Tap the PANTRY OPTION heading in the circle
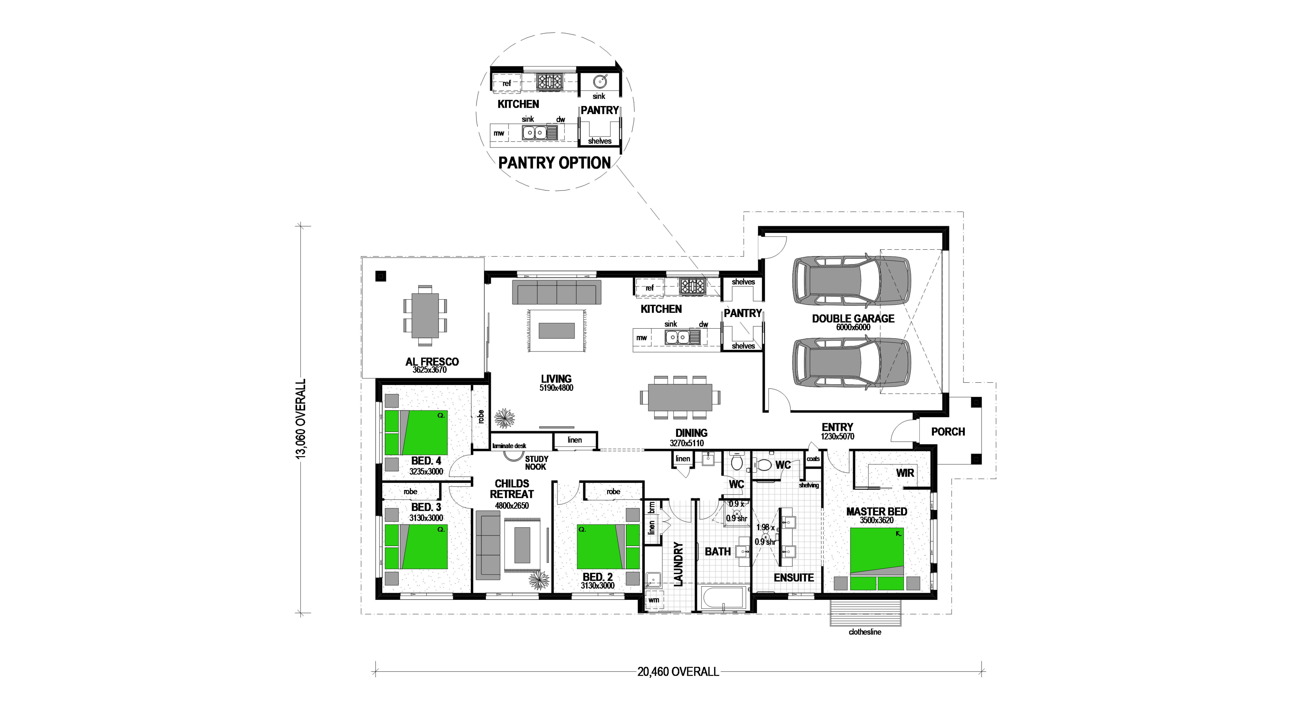coord(554,163)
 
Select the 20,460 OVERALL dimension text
coord(678,671)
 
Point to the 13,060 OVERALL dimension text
coord(301,419)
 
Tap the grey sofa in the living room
coord(556,292)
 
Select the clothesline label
coord(865,632)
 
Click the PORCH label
coord(948,431)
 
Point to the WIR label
coord(905,473)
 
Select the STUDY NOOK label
coord(536,463)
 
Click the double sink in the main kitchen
coord(676,337)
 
